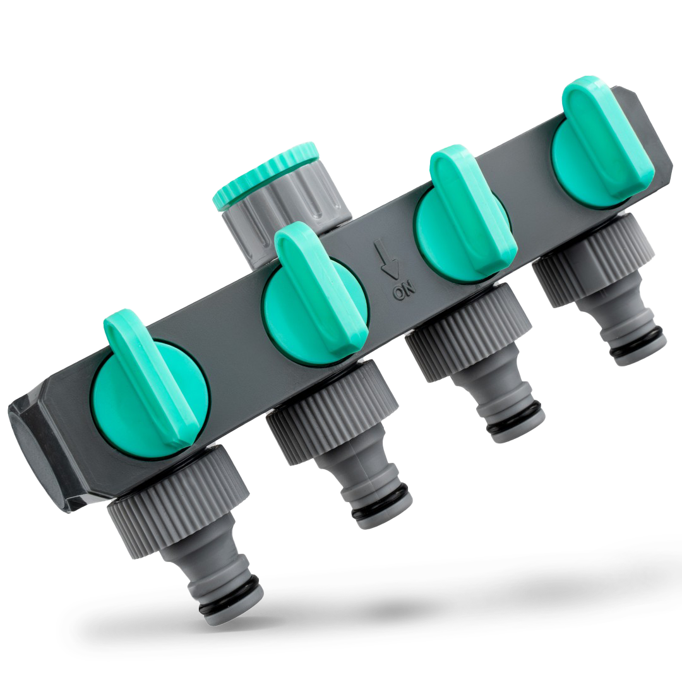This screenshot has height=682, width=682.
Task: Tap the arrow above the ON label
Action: (389, 260)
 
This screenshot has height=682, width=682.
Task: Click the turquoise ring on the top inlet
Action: (265, 172)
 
